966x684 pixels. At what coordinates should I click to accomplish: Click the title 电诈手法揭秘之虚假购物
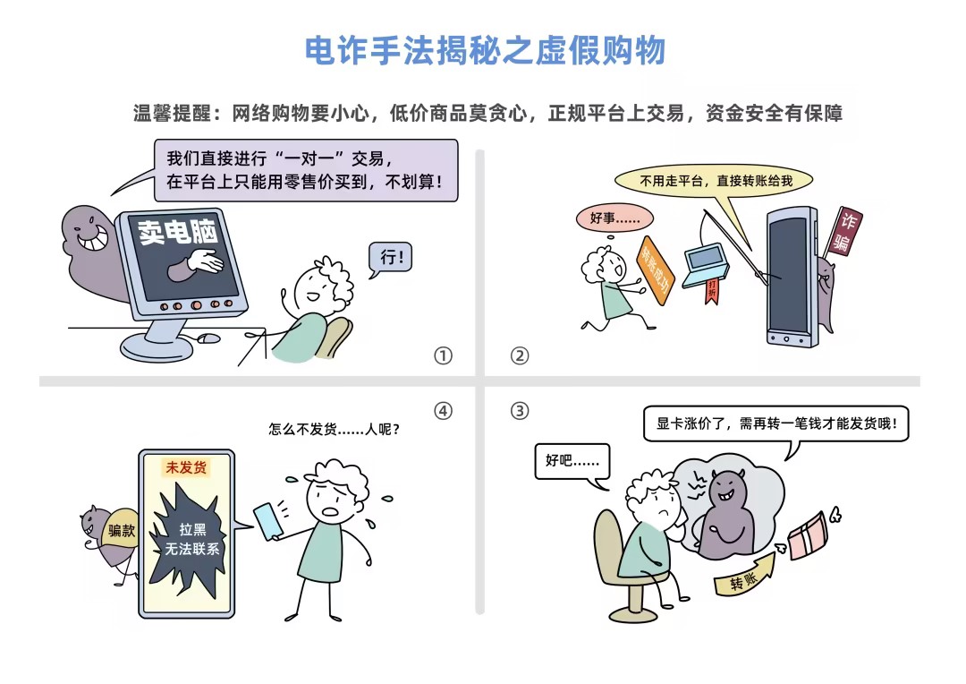tap(486, 50)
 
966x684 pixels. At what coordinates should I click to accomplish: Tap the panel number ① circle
tap(443, 356)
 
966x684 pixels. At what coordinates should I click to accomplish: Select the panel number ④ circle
tap(443, 411)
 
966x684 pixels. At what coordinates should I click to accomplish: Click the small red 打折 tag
tap(712, 290)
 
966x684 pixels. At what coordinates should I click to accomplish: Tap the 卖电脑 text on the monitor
tap(177, 233)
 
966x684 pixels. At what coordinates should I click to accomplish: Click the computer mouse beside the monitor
tap(208, 338)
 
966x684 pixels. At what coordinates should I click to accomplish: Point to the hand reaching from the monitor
tap(197, 263)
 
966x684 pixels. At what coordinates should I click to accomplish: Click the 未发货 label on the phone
tap(186, 467)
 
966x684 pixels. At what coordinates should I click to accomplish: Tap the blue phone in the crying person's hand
tap(268, 522)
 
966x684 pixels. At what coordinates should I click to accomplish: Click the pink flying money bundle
tap(809, 535)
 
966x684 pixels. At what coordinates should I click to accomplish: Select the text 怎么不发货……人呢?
tap(334, 429)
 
